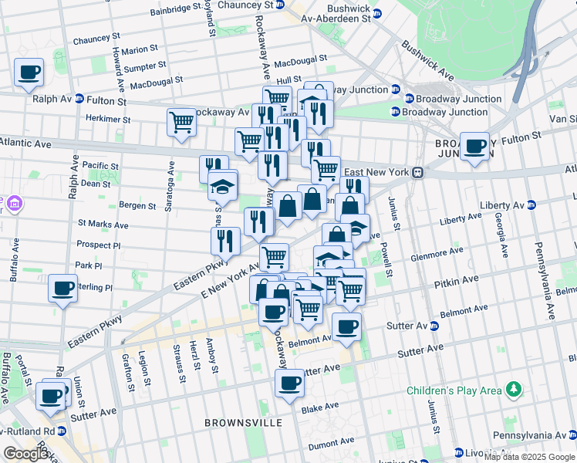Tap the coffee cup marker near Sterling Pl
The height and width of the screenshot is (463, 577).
pos(62,289)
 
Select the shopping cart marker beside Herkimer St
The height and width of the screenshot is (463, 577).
pos(181,122)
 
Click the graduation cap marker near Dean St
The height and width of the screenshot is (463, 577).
pos(223,185)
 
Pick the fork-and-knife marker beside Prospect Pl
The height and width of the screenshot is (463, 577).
pos(225,241)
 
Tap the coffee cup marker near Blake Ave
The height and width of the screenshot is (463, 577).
pos(290,383)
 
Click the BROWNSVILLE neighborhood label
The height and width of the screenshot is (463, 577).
pos(243,423)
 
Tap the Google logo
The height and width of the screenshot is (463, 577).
pos(25,454)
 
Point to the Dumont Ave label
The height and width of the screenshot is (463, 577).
pos(329,444)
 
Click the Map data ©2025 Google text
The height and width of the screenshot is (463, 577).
pos(529,456)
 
